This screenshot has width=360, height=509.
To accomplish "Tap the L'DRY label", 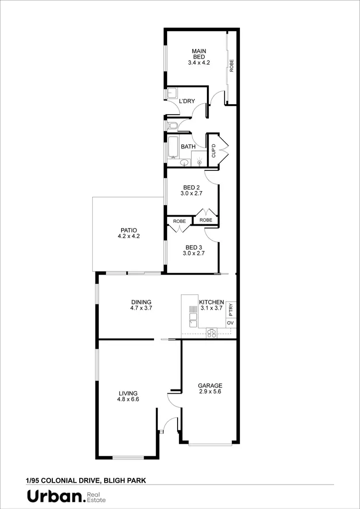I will click(187, 101).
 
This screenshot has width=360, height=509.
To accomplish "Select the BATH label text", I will click(188, 146).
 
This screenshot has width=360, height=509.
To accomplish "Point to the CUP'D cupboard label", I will click(214, 151).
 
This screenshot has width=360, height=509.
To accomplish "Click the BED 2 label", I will click(192, 191).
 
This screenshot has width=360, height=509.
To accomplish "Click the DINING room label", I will click(141, 305).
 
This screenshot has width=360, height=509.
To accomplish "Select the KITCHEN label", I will click(211, 305).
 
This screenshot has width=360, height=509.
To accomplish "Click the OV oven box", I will click(230, 323).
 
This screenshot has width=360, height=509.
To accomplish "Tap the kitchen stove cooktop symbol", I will click(212, 332).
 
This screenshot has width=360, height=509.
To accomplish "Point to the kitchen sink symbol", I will click(193, 316).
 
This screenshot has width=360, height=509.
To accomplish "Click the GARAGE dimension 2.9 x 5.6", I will click(210, 391).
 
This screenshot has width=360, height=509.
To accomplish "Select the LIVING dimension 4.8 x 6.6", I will click(128, 399).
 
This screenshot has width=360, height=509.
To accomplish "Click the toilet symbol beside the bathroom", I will click(173, 126).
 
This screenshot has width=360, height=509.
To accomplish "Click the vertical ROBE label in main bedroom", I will click(231, 65).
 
